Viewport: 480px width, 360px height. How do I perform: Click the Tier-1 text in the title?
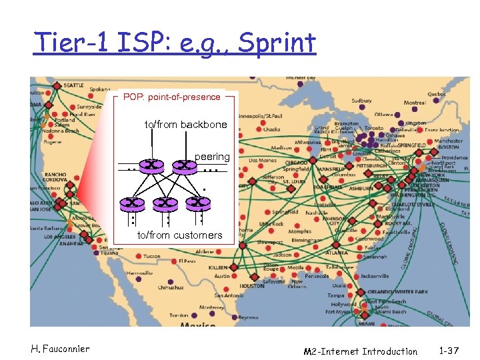tap(70, 44)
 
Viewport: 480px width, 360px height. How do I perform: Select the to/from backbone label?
tap(186, 125)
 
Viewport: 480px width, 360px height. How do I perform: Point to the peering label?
tap(212, 156)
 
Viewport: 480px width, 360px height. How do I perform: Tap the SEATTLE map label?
tap(73, 85)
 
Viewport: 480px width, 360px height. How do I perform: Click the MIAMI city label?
tap(366, 323)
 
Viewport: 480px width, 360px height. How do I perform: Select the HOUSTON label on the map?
tap(252, 286)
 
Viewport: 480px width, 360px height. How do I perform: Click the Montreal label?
tap(415, 103)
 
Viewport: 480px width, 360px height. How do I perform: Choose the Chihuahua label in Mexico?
tap(171, 287)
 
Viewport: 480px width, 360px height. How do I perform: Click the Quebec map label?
tap(437, 94)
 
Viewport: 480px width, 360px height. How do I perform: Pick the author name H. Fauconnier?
tap(59, 349)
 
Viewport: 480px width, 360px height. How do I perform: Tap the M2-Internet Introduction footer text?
tap(360, 351)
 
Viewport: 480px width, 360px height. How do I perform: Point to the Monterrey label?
tap(211, 307)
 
